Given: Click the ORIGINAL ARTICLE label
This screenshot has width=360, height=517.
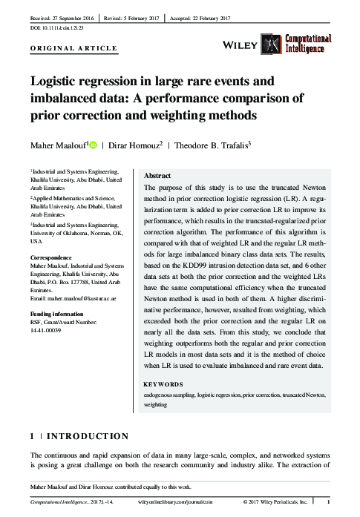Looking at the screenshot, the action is coord(73,48).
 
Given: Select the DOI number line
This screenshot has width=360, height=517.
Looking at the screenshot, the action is coord(56,27).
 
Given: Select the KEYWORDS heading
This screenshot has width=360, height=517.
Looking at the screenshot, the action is coord(163,385).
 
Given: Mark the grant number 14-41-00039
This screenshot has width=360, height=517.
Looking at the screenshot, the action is coord(46,330).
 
